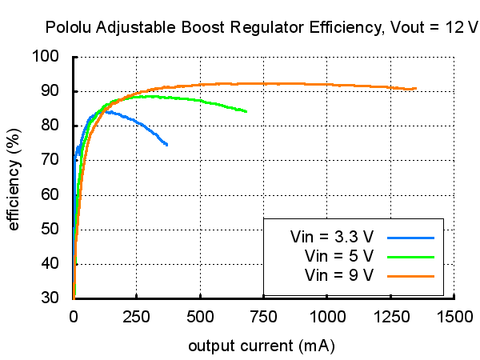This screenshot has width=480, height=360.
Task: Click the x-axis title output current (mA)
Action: pos(261,347)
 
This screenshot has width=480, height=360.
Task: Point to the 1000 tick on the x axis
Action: pos(327,316)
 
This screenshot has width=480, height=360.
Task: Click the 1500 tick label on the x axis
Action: pos(454,316)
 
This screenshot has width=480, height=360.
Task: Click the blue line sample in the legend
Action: pos(410,238)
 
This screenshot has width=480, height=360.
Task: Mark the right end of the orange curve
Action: pos(416,89)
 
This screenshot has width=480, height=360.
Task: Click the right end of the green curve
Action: pos(246,111)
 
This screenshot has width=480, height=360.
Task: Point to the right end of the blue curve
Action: pos(167,145)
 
